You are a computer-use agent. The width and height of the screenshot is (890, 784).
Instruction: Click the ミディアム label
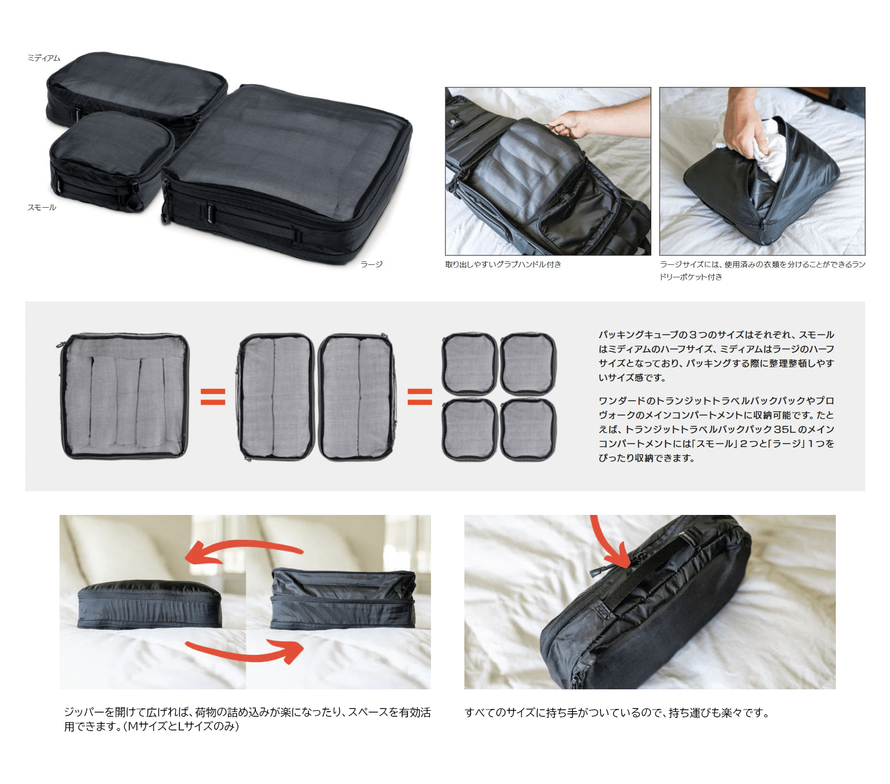(43, 58)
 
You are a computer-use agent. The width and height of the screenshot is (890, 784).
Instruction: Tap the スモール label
(42, 207)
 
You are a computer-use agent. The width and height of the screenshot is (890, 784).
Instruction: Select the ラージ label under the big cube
(371, 264)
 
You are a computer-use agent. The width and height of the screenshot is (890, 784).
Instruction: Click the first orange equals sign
(213, 396)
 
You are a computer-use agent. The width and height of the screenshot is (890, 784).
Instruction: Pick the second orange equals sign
(420, 396)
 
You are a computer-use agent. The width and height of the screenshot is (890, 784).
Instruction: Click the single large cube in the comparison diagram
(124, 396)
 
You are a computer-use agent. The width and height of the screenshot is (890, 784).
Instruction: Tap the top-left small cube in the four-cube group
(469, 364)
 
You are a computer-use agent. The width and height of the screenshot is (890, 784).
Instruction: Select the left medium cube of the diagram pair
(276, 396)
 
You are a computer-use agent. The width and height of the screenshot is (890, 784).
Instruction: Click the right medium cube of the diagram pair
(356, 396)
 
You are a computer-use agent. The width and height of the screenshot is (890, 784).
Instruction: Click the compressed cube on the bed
(149, 604)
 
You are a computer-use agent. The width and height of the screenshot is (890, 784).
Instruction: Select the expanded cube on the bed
(343, 598)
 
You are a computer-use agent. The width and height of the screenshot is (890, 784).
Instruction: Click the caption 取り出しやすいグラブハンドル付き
(503, 264)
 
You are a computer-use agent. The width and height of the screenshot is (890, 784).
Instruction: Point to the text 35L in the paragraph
(785, 429)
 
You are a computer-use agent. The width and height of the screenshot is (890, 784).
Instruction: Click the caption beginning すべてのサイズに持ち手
(617, 713)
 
